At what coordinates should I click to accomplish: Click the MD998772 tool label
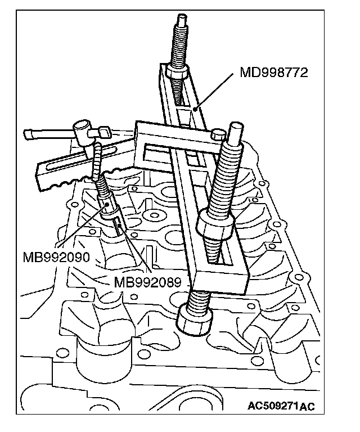[x=274, y=73]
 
